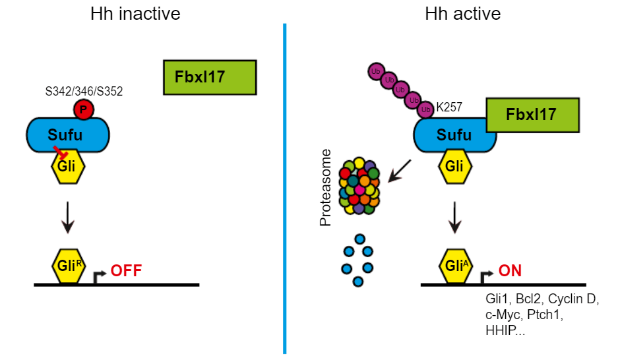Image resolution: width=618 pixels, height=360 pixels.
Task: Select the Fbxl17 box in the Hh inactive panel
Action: point(210,77)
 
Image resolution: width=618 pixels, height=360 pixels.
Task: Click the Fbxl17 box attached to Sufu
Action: point(532,115)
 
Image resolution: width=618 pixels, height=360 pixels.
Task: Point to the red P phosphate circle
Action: point(83,109)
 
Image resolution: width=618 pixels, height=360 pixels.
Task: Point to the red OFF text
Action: point(126,270)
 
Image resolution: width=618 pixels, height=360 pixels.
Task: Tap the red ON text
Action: point(510,270)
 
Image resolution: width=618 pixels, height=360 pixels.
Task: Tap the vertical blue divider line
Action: point(284,191)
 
